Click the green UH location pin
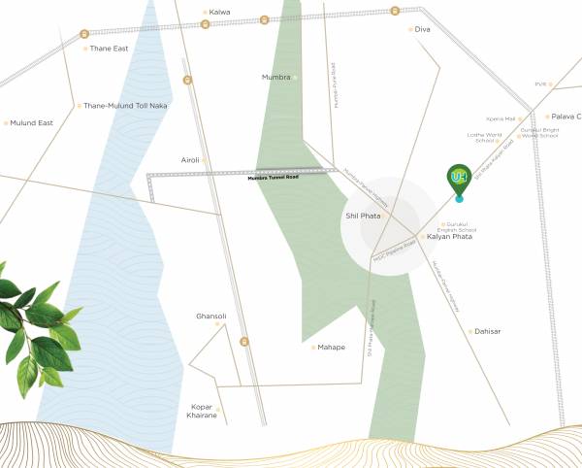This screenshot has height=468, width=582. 459,179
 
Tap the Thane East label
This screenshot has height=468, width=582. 109,49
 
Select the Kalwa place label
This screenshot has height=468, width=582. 220,13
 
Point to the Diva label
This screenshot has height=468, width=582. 422,29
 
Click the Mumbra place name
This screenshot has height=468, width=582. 275,77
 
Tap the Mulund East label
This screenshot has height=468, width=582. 31,123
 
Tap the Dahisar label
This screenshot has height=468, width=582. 486,332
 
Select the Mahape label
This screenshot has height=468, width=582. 332,347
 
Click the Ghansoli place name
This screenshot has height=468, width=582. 210,316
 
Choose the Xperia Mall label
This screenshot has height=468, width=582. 502,118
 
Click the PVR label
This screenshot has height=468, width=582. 540,84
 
